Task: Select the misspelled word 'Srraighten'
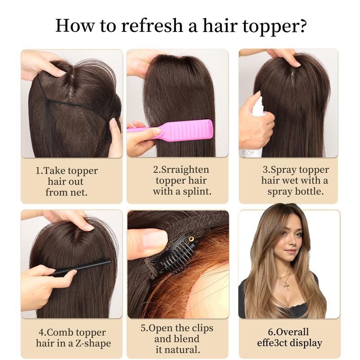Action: click(186, 170)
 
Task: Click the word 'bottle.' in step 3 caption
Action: click(308, 191)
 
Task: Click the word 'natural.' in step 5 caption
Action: click(184, 349)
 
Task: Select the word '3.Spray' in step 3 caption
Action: click(278, 170)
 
